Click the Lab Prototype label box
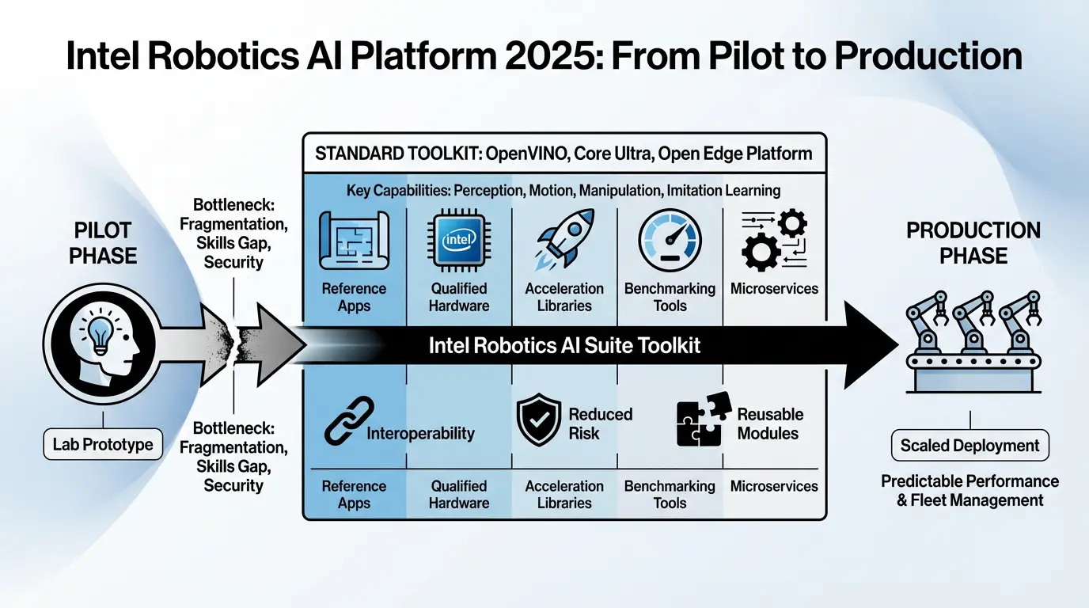click(103, 445)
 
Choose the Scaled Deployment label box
click(969, 446)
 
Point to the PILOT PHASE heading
click(103, 243)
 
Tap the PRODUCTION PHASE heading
click(973, 243)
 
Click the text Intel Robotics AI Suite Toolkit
click(564, 346)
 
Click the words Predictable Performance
click(969, 481)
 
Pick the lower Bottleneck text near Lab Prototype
click(233, 457)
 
